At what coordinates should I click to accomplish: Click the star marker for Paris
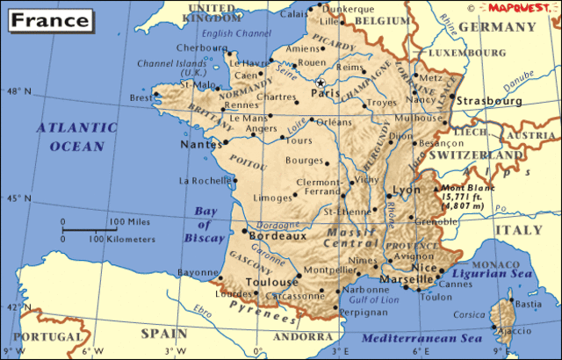[x=321, y=83]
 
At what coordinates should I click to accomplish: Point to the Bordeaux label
[x=278, y=235]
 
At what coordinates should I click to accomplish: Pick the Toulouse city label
[x=271, y=282]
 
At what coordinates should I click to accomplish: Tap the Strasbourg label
[x=487, y=101]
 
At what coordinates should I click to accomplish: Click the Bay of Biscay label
[x=205, y=225]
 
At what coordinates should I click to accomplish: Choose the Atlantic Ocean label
[x=76, y=136]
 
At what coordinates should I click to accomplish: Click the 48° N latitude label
[x=18, y=91]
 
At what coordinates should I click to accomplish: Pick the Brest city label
[x=140, y=98]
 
